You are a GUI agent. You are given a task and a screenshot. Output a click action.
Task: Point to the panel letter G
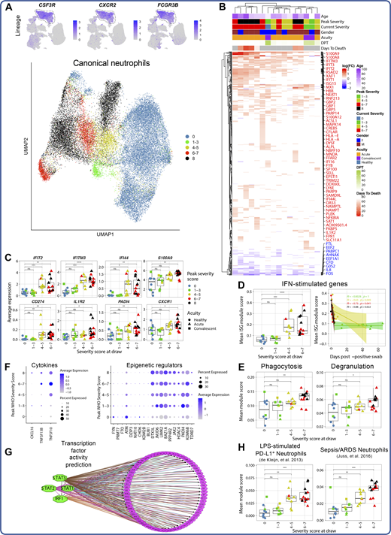point(8,452)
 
